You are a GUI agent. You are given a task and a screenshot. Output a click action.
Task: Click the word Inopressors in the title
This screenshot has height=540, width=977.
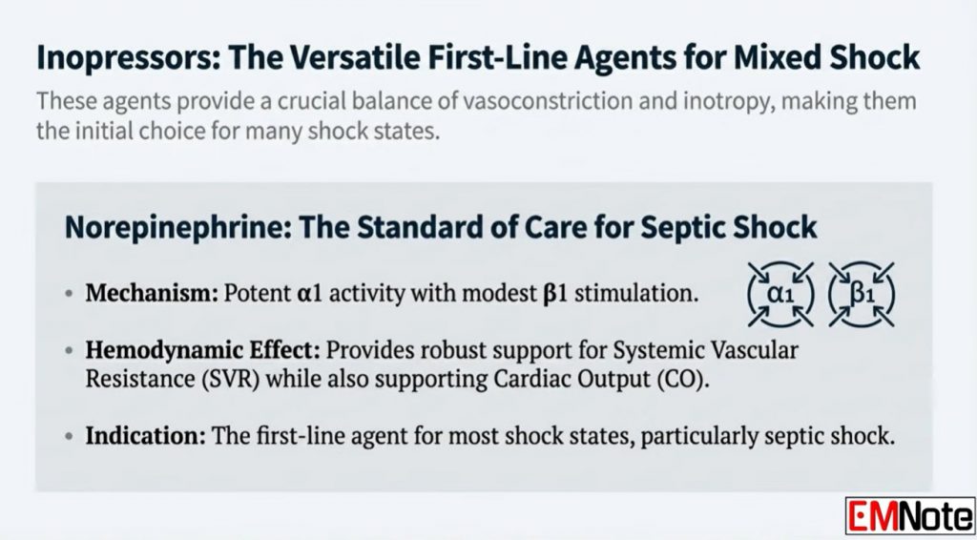pos(127,58)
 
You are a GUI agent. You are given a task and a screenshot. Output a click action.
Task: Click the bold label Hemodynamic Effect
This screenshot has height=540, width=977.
pos(202,350)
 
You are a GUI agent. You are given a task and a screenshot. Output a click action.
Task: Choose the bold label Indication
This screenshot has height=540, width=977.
pos(145,436)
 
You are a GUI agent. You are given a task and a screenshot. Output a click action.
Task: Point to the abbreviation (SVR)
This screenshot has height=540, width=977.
pos(229,380)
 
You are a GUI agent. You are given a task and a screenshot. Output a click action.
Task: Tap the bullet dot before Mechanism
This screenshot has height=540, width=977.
pos(69,293)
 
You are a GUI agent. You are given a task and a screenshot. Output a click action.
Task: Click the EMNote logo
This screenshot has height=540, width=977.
pos(909,516)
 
